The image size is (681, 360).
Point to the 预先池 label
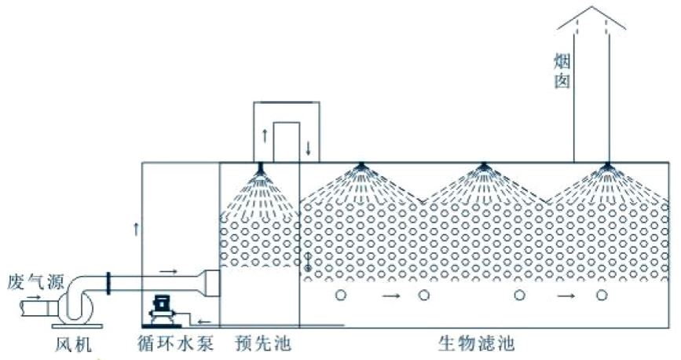[256, 344]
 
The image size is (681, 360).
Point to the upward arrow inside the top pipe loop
[265, 134]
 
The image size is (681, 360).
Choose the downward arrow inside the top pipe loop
[308, 147]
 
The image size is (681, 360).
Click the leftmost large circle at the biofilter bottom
[341, 296]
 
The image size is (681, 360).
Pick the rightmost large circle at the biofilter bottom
[602, 296]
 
